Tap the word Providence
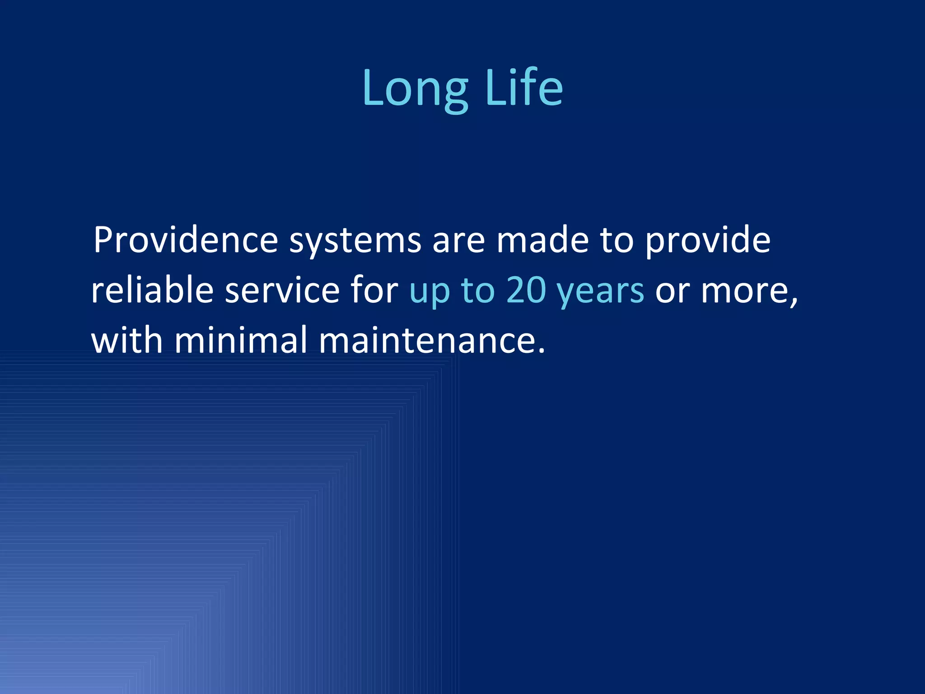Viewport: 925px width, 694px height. pos(186,240)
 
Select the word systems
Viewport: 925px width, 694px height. pos(355,242)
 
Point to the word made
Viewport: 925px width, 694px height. pos(542,240)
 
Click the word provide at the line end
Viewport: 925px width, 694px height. pos(707,241)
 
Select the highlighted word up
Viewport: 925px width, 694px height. pos(430,292)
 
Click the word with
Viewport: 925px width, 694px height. pos(127,340)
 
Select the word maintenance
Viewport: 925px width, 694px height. pos(427,340)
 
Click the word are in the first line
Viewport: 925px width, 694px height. pos(458,241)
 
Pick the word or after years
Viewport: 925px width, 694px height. pos(672,291)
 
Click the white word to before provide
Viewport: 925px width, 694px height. pos(616,241)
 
